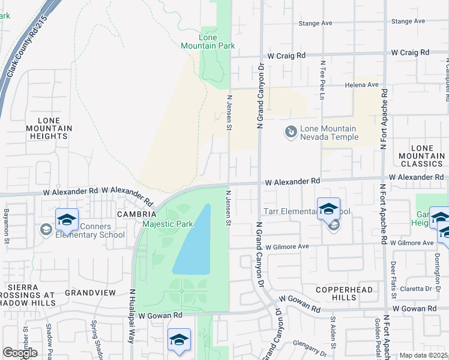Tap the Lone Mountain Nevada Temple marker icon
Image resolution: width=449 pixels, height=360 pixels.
291,131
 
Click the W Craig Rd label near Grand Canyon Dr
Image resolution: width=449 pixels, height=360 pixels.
286,55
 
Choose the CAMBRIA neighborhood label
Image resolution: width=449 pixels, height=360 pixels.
137,214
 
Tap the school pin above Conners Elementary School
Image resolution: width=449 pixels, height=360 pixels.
67,220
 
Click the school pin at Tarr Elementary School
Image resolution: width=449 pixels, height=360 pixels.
328,209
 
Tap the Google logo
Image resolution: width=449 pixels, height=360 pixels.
20,353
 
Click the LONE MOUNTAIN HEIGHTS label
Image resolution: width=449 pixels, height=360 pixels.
49,128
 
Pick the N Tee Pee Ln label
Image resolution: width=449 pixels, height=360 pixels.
322,75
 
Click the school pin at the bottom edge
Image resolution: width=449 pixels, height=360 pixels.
179,340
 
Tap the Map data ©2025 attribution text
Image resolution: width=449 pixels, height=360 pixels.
423,355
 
